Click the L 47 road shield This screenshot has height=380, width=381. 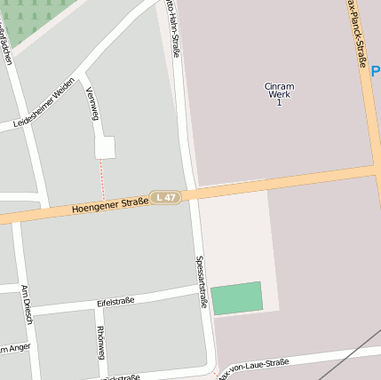tap(165, 197)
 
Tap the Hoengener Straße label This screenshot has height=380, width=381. tap(110, 205)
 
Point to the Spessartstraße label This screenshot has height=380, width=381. tap(202, 282)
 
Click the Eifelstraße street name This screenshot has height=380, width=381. tap(115, 303)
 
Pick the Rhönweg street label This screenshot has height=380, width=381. tap(100, 342)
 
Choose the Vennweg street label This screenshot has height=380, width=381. tap(91, 103)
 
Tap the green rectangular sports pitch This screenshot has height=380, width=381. tap(237, 298)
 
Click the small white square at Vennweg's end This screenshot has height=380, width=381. tap(105, 147)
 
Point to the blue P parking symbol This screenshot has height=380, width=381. tap(376, 70)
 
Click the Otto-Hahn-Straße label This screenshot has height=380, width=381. tap(172, 29)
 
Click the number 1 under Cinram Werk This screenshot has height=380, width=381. tap(279, 103)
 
